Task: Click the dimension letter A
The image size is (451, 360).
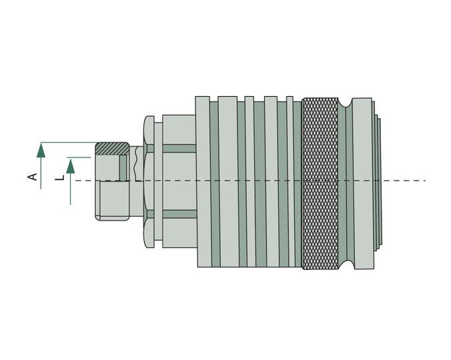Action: [33, 177]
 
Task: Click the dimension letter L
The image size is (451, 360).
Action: [59, 178]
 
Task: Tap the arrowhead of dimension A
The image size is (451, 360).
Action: [41, 151]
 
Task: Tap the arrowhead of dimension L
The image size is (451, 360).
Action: [71, 167]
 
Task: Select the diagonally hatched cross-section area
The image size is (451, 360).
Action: [113, 149]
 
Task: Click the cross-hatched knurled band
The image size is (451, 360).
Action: [320, 183]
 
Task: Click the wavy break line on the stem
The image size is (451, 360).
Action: [135, 164]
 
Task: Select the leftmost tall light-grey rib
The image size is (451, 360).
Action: [203, 181]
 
